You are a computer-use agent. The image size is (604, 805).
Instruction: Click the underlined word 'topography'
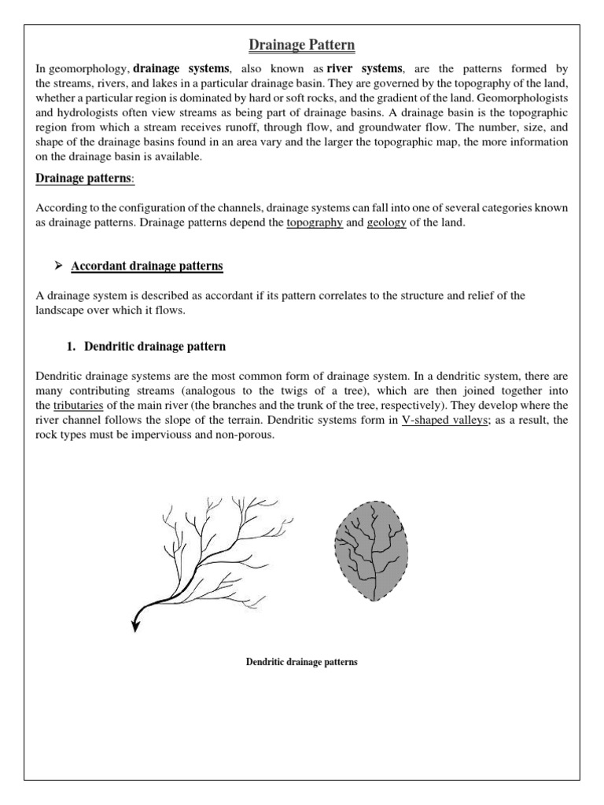coord(315,222)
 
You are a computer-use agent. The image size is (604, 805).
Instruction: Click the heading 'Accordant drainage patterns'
coord(147,266)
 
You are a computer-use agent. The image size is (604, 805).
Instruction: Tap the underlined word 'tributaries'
coord(79,406)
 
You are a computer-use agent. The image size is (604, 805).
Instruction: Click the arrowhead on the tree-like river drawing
coord(135,626)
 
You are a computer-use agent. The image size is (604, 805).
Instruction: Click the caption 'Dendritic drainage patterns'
coord(302,663)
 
